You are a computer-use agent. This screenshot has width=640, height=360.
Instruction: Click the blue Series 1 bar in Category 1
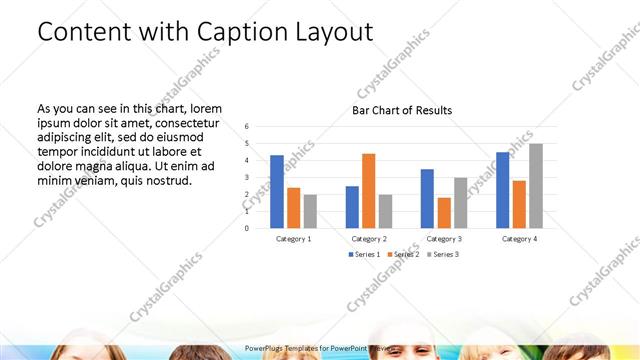(x=277, y=191)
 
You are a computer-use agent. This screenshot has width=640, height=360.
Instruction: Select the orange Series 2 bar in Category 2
(x=368, y=190)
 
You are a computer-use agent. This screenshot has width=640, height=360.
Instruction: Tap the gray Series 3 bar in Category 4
(x=536, y=186)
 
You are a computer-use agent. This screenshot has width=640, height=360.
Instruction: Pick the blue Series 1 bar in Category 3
(x=427, y=198)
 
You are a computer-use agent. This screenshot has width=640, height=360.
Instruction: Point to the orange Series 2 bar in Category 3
(x=444, y=212)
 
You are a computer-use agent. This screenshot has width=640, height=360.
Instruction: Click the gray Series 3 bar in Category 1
(x=310, y=211)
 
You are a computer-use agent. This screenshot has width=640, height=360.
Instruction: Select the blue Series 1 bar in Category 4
(x=502, y=190)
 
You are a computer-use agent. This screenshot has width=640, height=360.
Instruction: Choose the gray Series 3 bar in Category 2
(x=385, y=211)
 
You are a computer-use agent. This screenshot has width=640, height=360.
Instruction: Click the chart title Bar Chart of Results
(x=402, y=110)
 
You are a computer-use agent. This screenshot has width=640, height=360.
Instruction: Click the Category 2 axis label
(x=369, y=239)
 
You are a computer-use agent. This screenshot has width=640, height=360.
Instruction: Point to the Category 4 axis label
(x=519, y=239)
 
